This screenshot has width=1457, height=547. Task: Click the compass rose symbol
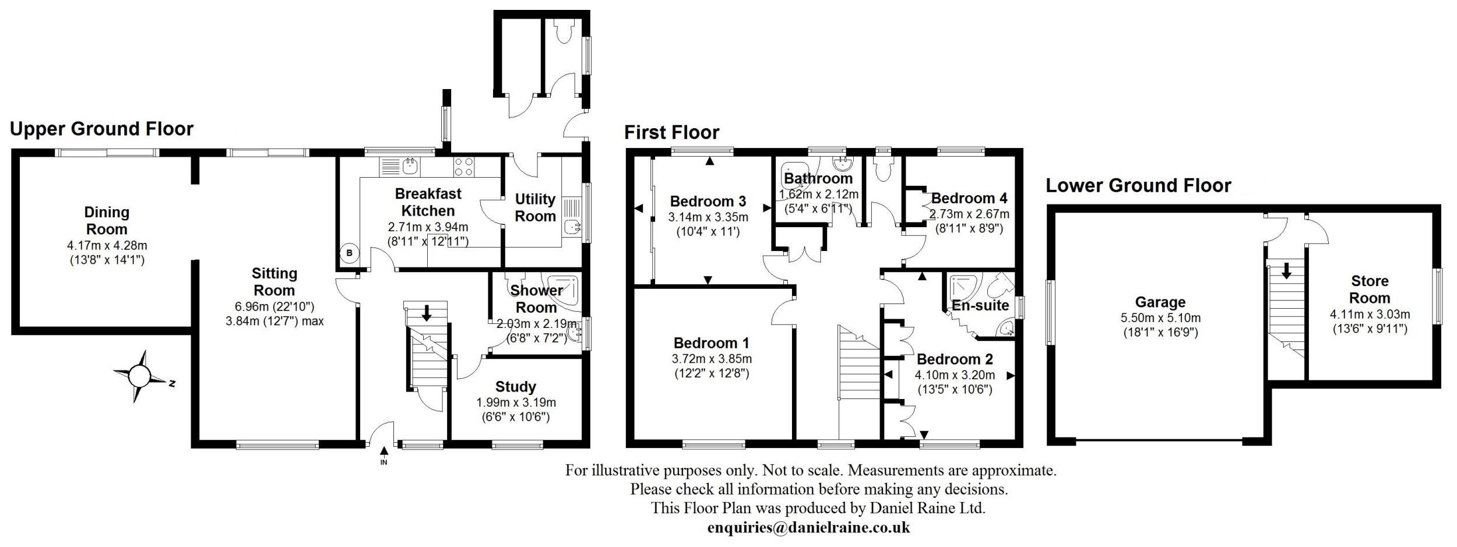point(139,376)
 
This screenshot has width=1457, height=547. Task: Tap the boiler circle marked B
point(349,253)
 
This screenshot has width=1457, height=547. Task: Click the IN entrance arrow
point(383,451)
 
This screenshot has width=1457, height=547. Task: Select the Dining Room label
point(106,221)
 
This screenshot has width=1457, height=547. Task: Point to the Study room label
point(515,387)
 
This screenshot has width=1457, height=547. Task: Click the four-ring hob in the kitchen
point(464,167)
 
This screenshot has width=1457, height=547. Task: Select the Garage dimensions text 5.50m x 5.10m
point(1160,319)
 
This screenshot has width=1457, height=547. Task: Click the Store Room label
point(1370,290)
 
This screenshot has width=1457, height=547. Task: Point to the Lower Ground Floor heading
point(1138,186)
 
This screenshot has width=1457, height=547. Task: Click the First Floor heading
point(671,133)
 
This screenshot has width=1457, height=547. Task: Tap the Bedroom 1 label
point(711,343)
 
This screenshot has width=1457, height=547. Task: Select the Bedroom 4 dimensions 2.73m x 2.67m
point(969,214)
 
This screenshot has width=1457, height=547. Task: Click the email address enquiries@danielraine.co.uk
point(808,528)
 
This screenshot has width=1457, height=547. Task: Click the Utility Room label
point(535,208)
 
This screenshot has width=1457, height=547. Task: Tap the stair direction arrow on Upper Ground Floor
point(426,313)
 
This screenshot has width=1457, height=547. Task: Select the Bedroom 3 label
point(708,202)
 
